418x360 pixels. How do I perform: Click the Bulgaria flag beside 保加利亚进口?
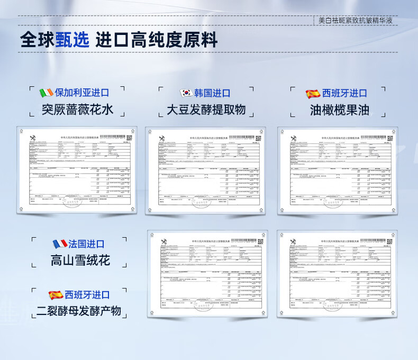47,93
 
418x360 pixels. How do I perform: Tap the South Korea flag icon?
186,93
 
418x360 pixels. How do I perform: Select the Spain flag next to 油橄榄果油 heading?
313,94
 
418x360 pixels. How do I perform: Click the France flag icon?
59,244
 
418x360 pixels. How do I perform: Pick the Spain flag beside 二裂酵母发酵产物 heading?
56,295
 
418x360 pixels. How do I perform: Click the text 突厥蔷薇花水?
78,110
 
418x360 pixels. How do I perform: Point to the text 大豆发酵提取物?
206,110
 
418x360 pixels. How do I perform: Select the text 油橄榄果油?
340,110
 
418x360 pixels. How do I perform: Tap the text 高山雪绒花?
80,260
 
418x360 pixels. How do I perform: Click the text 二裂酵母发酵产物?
79,311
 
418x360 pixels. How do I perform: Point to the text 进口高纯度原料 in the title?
157,40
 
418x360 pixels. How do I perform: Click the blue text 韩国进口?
213,93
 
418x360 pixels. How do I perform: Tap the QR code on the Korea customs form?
257,138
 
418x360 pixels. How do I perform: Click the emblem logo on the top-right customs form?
294,139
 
